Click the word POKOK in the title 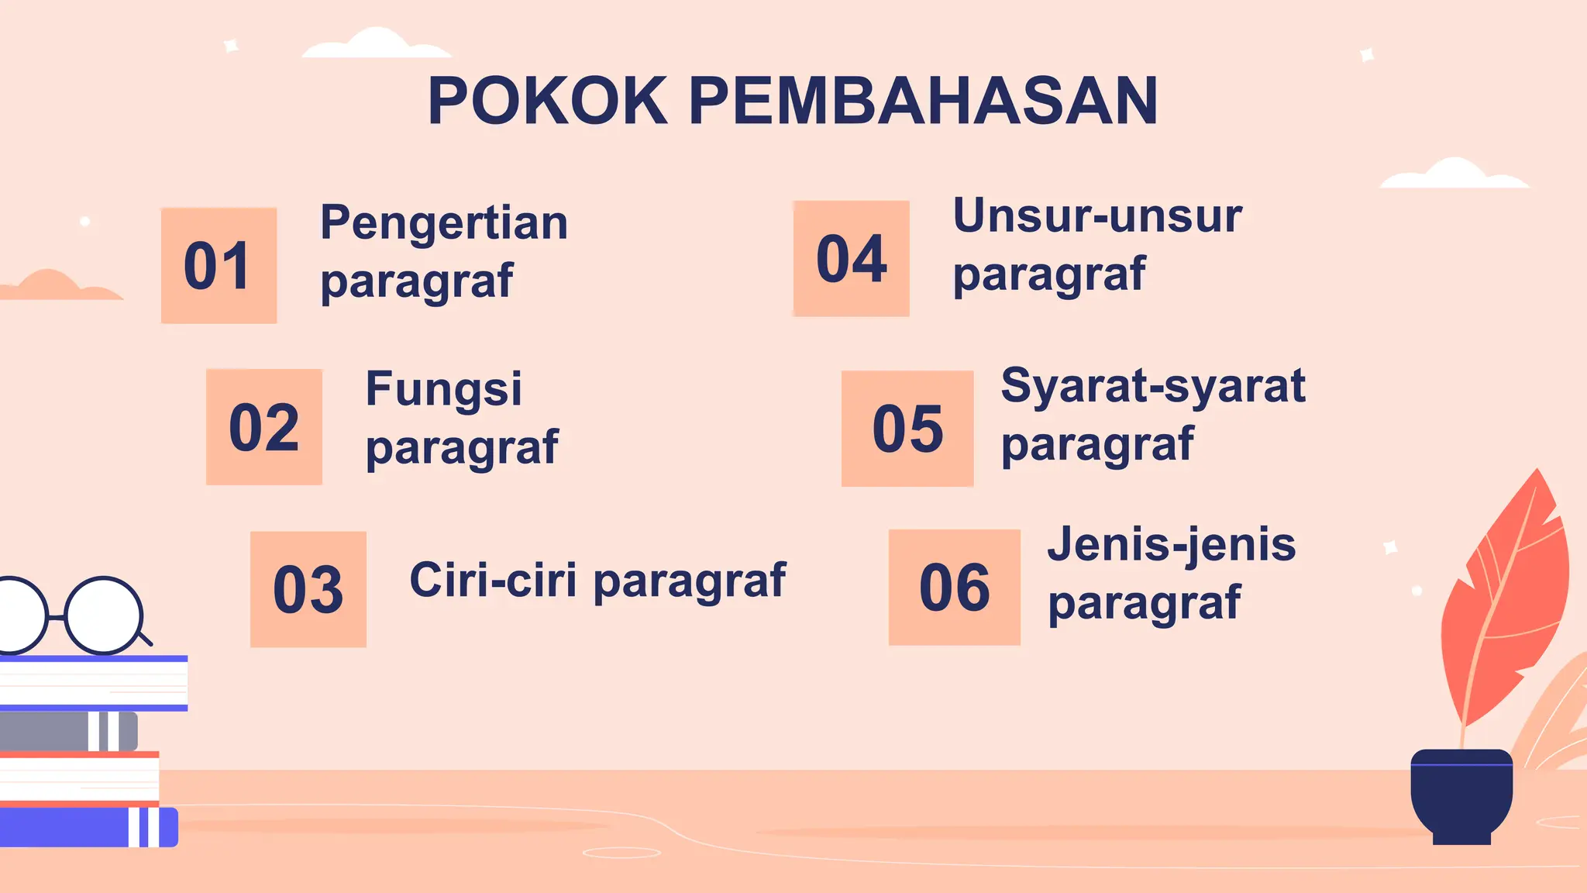(x=548, y=102)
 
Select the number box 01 (x=219, y=265)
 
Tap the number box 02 (x=264, y=427)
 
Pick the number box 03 (x=308, y=589)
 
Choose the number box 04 (x=852, y=259)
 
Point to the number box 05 (x=907, y=429)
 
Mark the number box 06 (x=955, y=588)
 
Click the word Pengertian (x=444, y=223)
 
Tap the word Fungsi (x=444, y=389)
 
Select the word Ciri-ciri (x=493, y=580)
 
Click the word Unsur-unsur (x=1097, y=216)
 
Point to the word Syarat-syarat (x=1153, y=386)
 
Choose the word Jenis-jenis (x=1172, y=544)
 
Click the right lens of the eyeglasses (x=104, y=615)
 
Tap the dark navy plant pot (x=1461, y=795)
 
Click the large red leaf (x=1507, y=597)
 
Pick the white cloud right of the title (x=1454, y=174)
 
